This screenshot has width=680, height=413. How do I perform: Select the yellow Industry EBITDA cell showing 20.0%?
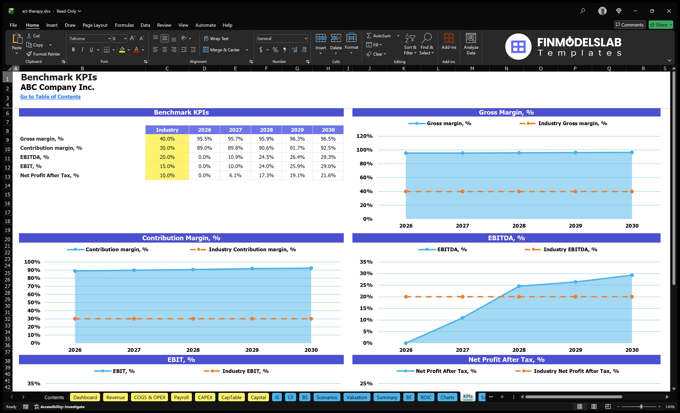(x=167, y=157)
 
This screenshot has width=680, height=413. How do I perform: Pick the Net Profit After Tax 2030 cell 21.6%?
(x=328, y=175)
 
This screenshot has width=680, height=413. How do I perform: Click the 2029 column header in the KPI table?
(x=297, y=130)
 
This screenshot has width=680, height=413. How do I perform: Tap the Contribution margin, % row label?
(x=51, y=148)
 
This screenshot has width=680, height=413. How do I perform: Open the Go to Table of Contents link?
(x=50, y=97)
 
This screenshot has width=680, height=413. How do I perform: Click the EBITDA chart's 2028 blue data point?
(x=519, y=286)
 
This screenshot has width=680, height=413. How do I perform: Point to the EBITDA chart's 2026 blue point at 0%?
(x=406, y=343)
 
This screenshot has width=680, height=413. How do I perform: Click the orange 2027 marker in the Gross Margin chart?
(x=462, y=191)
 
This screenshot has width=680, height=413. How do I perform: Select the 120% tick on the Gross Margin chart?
(x=364, y=136)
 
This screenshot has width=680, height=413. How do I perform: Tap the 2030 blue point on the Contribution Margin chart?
(x=311, y=268)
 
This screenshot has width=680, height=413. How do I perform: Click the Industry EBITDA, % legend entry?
(x=570, y=250)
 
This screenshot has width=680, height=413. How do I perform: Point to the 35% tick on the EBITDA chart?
(x=366, y=262)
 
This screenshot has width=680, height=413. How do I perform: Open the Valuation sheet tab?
(x=357, y=397)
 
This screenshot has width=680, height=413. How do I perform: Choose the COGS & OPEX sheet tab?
(x=149, y=397)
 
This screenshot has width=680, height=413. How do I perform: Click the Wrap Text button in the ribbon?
(x=216, y=39)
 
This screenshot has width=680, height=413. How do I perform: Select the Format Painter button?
(x=43, y=54)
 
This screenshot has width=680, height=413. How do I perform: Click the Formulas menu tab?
(x=124, y=25)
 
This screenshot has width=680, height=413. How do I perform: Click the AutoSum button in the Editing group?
(x=379, y=36)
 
